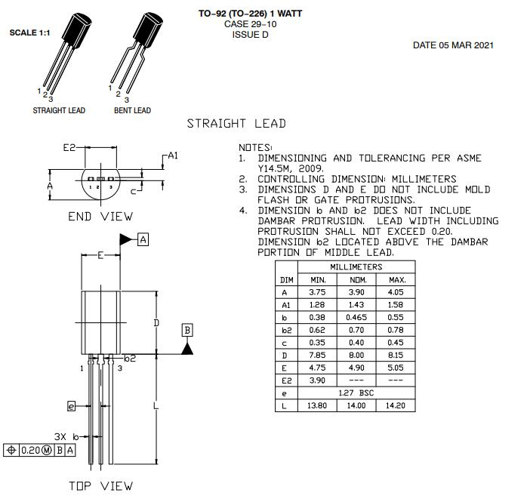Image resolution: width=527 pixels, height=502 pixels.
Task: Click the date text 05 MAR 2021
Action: [x=453, y=45]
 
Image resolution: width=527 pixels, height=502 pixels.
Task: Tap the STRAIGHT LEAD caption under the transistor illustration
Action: [x=59, y=110]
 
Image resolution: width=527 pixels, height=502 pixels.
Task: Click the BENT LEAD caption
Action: [x=132, y=110]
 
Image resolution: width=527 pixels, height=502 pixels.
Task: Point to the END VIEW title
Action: [x=100, y=217]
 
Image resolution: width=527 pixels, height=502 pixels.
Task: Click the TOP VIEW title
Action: [x=100, y=485]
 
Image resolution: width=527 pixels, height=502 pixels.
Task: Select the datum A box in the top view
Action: [x=143, y=239]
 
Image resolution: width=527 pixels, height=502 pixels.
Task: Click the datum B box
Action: [x=187, y=330]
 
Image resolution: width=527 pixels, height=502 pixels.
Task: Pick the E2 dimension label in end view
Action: [x=70, y=148]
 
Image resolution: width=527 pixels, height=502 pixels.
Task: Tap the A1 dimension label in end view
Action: [x=173, y=156]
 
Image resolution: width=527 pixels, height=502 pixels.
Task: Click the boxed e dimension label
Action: [x=72, y=406]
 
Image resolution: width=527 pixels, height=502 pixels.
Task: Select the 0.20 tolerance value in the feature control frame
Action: [x=29, y=450]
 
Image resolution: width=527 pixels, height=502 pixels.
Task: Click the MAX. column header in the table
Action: [x=396, y=279]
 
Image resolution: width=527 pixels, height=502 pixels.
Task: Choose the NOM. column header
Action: [x=356, y=279]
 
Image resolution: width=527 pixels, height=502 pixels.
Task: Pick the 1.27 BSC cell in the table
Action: [x=356, y=393]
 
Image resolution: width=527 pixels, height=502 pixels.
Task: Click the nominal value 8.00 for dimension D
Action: [x=356, y=355]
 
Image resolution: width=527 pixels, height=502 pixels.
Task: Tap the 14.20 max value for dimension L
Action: [x=396, y=405]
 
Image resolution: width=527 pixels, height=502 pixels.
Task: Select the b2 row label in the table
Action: [x=286, y=330]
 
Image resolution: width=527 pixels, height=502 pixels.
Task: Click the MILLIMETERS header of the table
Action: [x=356, y=267]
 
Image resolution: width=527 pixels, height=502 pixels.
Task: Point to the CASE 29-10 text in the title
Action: [x=250, y=24]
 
